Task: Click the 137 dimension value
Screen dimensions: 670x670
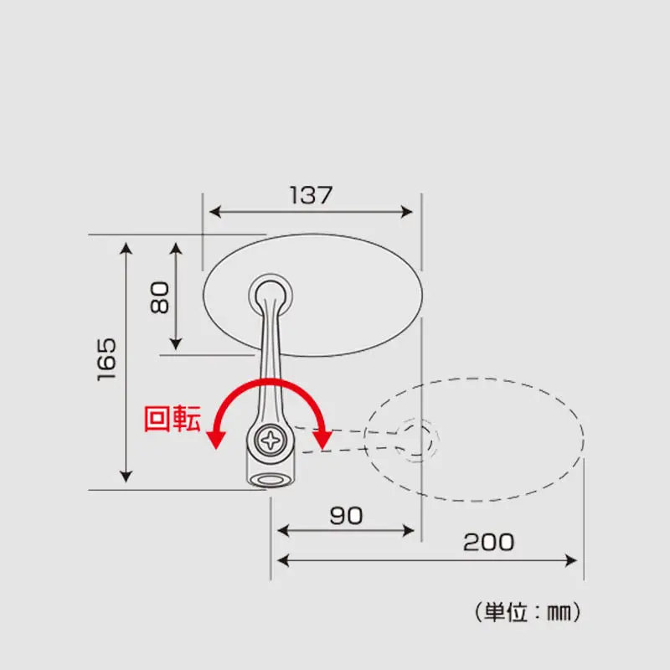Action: click(311, 195)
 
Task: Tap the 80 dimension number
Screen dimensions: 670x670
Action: click(160, 297)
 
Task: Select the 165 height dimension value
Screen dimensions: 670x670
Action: click(106, 359)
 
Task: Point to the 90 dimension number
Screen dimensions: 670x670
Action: click(346, 516)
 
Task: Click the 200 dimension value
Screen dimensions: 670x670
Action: click(488, 542)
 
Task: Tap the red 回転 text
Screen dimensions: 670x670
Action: click(173, 419)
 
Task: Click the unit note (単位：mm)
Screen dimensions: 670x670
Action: click(528, 612)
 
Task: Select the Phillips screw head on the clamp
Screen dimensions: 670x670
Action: click(271, 441)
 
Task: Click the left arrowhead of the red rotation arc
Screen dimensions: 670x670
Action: click(216, 439)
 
